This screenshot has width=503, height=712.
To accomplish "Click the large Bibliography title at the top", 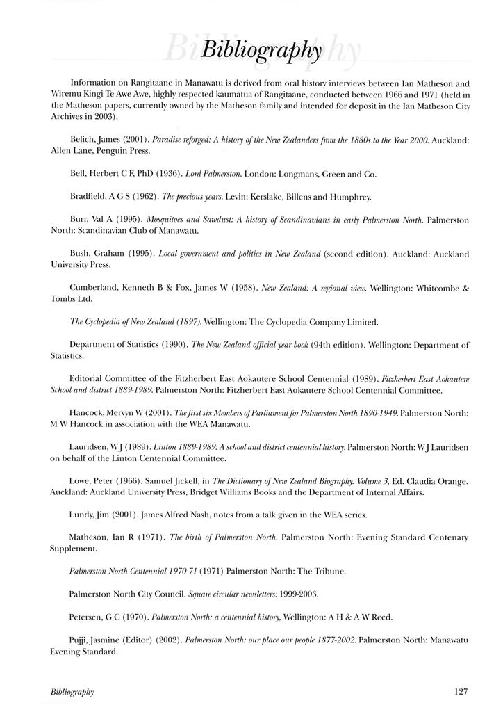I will [261, 51].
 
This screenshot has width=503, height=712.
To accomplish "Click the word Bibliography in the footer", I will [72, 693].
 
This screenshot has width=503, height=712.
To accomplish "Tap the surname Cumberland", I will [98, 288].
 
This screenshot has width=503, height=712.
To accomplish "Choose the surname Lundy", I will [85, 515].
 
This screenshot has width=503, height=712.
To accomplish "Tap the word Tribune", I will [329, 572].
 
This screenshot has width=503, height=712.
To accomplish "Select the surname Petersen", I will [89, 617].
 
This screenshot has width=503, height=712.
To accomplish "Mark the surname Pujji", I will [82, 640].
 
